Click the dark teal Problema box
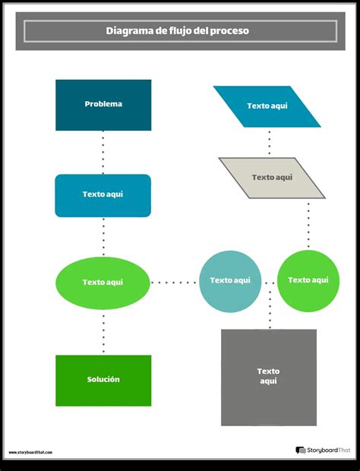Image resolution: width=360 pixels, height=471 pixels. pyautogui.click(x=103, y=105)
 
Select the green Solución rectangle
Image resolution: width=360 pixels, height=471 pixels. pyautogui.click(x=103, y=380)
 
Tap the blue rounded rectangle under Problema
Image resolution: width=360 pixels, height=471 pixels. pyautogui.click(x=103, y=195)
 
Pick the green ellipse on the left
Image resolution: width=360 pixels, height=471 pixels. pyautogui.click(x=103, y=283)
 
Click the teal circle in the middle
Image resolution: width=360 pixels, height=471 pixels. pyautogui.click(x=230, y=281)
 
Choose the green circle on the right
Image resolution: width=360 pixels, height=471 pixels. pyautogui.click(x=308, y=281)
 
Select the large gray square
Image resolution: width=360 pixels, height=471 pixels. pyautogui.click(x=269, y=377)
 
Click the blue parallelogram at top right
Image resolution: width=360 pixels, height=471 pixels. pyautogui.click(x=267, y=106)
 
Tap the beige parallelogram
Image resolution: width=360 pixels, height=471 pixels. pyautogui.click(x=272, y=178)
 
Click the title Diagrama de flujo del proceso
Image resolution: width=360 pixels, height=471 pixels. pyautogui.click(x=181, y=31)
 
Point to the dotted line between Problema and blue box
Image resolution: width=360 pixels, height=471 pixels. pyautogui.click(x=103, y=152)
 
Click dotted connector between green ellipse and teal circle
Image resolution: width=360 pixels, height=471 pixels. pyautogui.click(x=174, y=283)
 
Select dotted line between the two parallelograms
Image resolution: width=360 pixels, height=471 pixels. pyautogui.click(x=269, y=142)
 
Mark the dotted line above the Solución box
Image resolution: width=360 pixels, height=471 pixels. pyautogui.click(x=103, y=332)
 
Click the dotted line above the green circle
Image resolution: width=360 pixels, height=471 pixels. pyautogui.click(x=308, y=224)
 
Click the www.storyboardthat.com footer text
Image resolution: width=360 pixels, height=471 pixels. pyautogui.click(x=31, y=452)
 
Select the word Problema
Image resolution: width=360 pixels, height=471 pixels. pyautogui.click(x=103, y=104)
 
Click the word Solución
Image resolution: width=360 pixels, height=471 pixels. pyautogui.click(x=103, y=379)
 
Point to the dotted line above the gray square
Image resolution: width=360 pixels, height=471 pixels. pyautogui.click(x=270, y=306)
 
